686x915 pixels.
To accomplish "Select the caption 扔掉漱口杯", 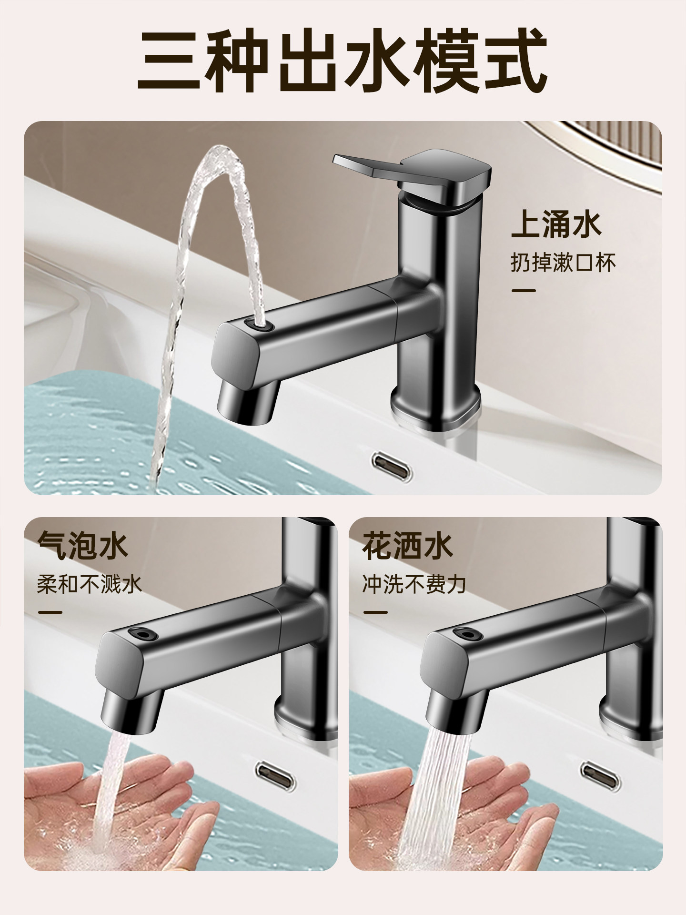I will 563,263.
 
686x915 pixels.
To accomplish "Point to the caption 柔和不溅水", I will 90,584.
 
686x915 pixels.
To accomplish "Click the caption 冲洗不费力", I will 414,584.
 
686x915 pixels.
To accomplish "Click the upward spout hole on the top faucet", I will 259,325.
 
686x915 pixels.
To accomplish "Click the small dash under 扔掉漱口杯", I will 523,291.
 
